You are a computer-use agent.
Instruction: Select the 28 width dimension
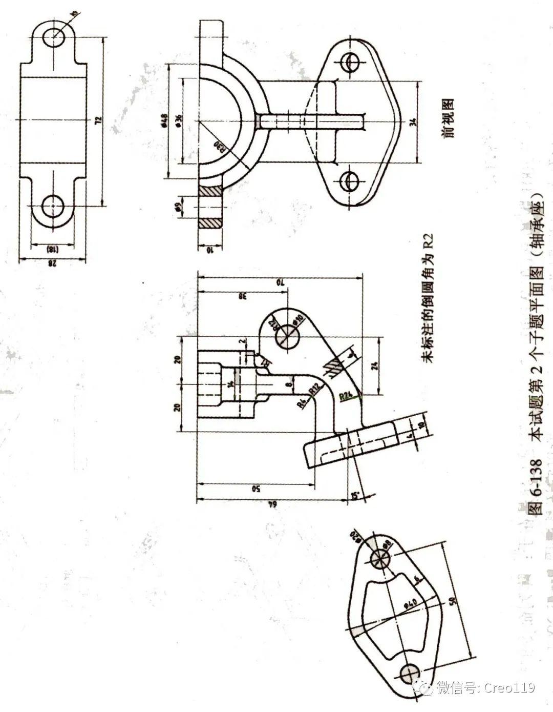[x=52, y=264]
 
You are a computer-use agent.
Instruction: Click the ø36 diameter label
[x=178, y=119]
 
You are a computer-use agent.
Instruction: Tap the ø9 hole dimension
[x=177, y=207]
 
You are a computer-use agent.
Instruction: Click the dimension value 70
[x=279, y=282]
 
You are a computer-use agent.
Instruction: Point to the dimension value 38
[x=242, y=296]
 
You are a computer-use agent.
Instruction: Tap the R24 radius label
[x=347, y=396]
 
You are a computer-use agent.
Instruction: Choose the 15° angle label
[x=354, y=496]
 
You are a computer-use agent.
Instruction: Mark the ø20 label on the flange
[x=355, y=537]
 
